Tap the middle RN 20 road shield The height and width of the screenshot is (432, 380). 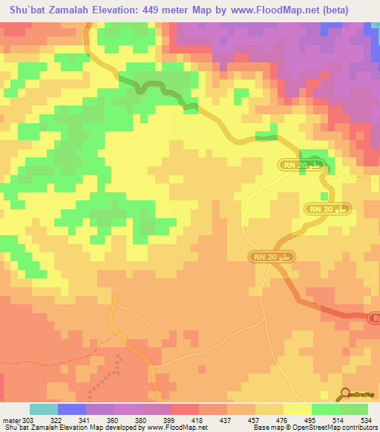(x=327, y=210)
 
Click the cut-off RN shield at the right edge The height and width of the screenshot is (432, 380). (x=375, y=318)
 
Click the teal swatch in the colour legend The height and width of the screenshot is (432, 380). (x=44, y=410)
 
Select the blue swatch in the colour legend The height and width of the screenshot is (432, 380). (x=72, y=410)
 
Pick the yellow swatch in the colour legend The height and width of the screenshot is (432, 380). (x=297, y=410)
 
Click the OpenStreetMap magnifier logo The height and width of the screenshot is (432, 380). (x=346, y=393)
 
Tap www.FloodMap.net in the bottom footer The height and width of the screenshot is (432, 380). (x=177, y=427)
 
